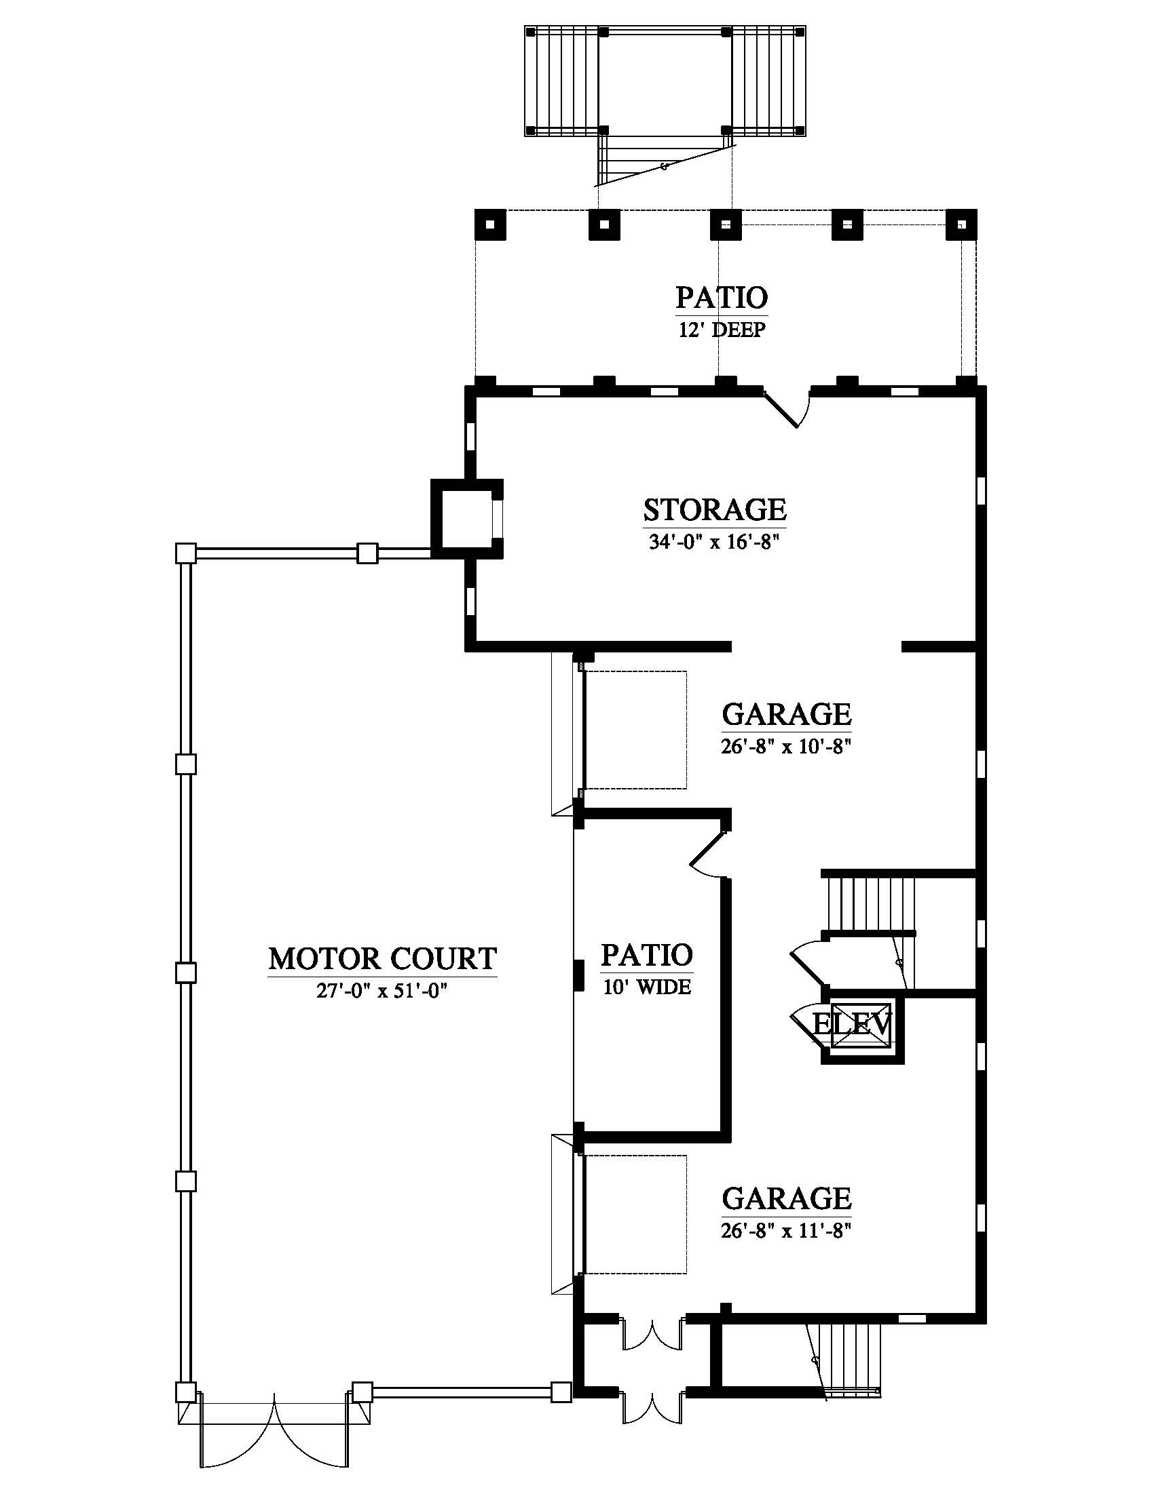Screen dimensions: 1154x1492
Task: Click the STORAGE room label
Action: (714, 510)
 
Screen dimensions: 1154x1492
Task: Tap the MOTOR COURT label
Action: (382, 959)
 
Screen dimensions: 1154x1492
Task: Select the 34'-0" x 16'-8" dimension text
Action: (714, 543)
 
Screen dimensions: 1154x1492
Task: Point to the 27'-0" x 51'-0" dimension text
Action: (381, 991)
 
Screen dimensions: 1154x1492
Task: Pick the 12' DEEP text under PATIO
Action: (722, 330)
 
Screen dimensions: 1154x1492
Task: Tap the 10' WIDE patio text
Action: (647, 987)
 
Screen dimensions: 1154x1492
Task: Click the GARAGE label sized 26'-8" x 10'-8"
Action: (786, 715)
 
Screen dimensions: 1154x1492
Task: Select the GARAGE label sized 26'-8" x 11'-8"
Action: (786, 1198)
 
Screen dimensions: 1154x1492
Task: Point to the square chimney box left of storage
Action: (467, 519)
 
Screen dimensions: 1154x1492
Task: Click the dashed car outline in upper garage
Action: (635, 730)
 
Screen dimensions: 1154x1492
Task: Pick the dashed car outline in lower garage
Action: (635, 1214)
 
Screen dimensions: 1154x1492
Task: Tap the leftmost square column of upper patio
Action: (490, 224)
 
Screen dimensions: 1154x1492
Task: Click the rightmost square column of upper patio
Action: (961, 224)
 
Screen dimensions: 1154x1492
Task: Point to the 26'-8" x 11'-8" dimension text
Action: (785, 1230)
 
